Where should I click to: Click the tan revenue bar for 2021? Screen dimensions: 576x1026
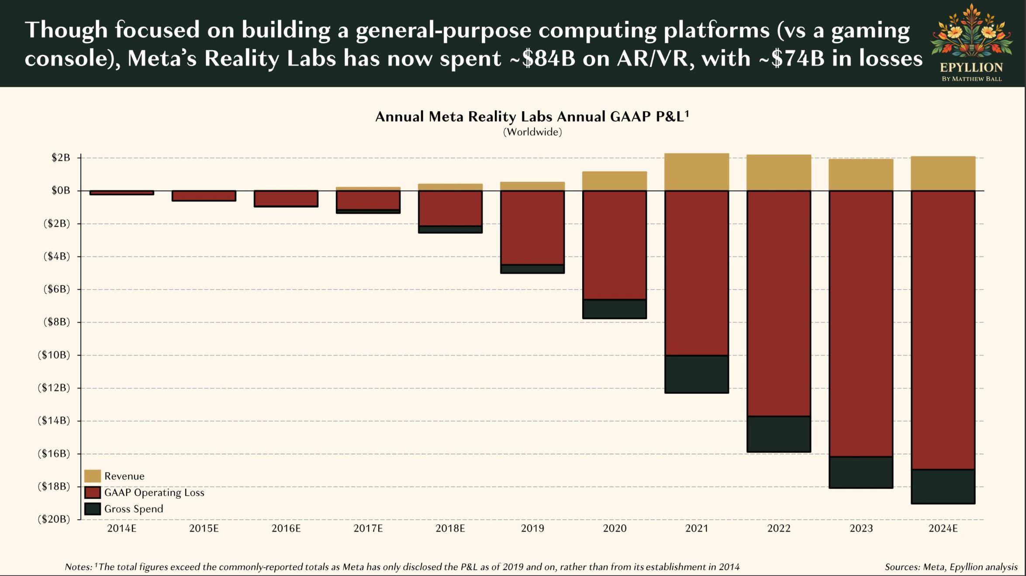coord(697,172)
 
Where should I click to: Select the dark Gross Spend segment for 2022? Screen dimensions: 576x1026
coord(779,434)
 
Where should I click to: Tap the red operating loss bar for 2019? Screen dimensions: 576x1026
coord(532,227)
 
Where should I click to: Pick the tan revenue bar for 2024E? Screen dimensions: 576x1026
coord(943,173)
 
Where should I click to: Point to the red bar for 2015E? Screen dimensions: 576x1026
coord(204,195)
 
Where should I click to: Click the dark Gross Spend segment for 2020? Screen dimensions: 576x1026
coord(615,309)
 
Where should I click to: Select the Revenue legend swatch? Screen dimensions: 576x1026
coord(93,476)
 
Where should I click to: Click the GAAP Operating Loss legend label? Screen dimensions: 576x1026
coord(154,493)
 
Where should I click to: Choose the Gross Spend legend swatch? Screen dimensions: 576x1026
coord(93,509)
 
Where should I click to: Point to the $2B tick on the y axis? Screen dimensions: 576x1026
coord(61,158)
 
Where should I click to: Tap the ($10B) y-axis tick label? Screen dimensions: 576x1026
coord(54,355)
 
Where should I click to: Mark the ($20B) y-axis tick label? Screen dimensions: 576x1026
coord(54,519)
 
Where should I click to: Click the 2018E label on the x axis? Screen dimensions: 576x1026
coord(450,528)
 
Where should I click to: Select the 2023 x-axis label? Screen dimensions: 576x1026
coord(861,528)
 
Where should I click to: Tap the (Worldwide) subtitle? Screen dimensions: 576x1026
coord(532,132)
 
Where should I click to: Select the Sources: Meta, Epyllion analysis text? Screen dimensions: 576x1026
coord(951,567)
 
